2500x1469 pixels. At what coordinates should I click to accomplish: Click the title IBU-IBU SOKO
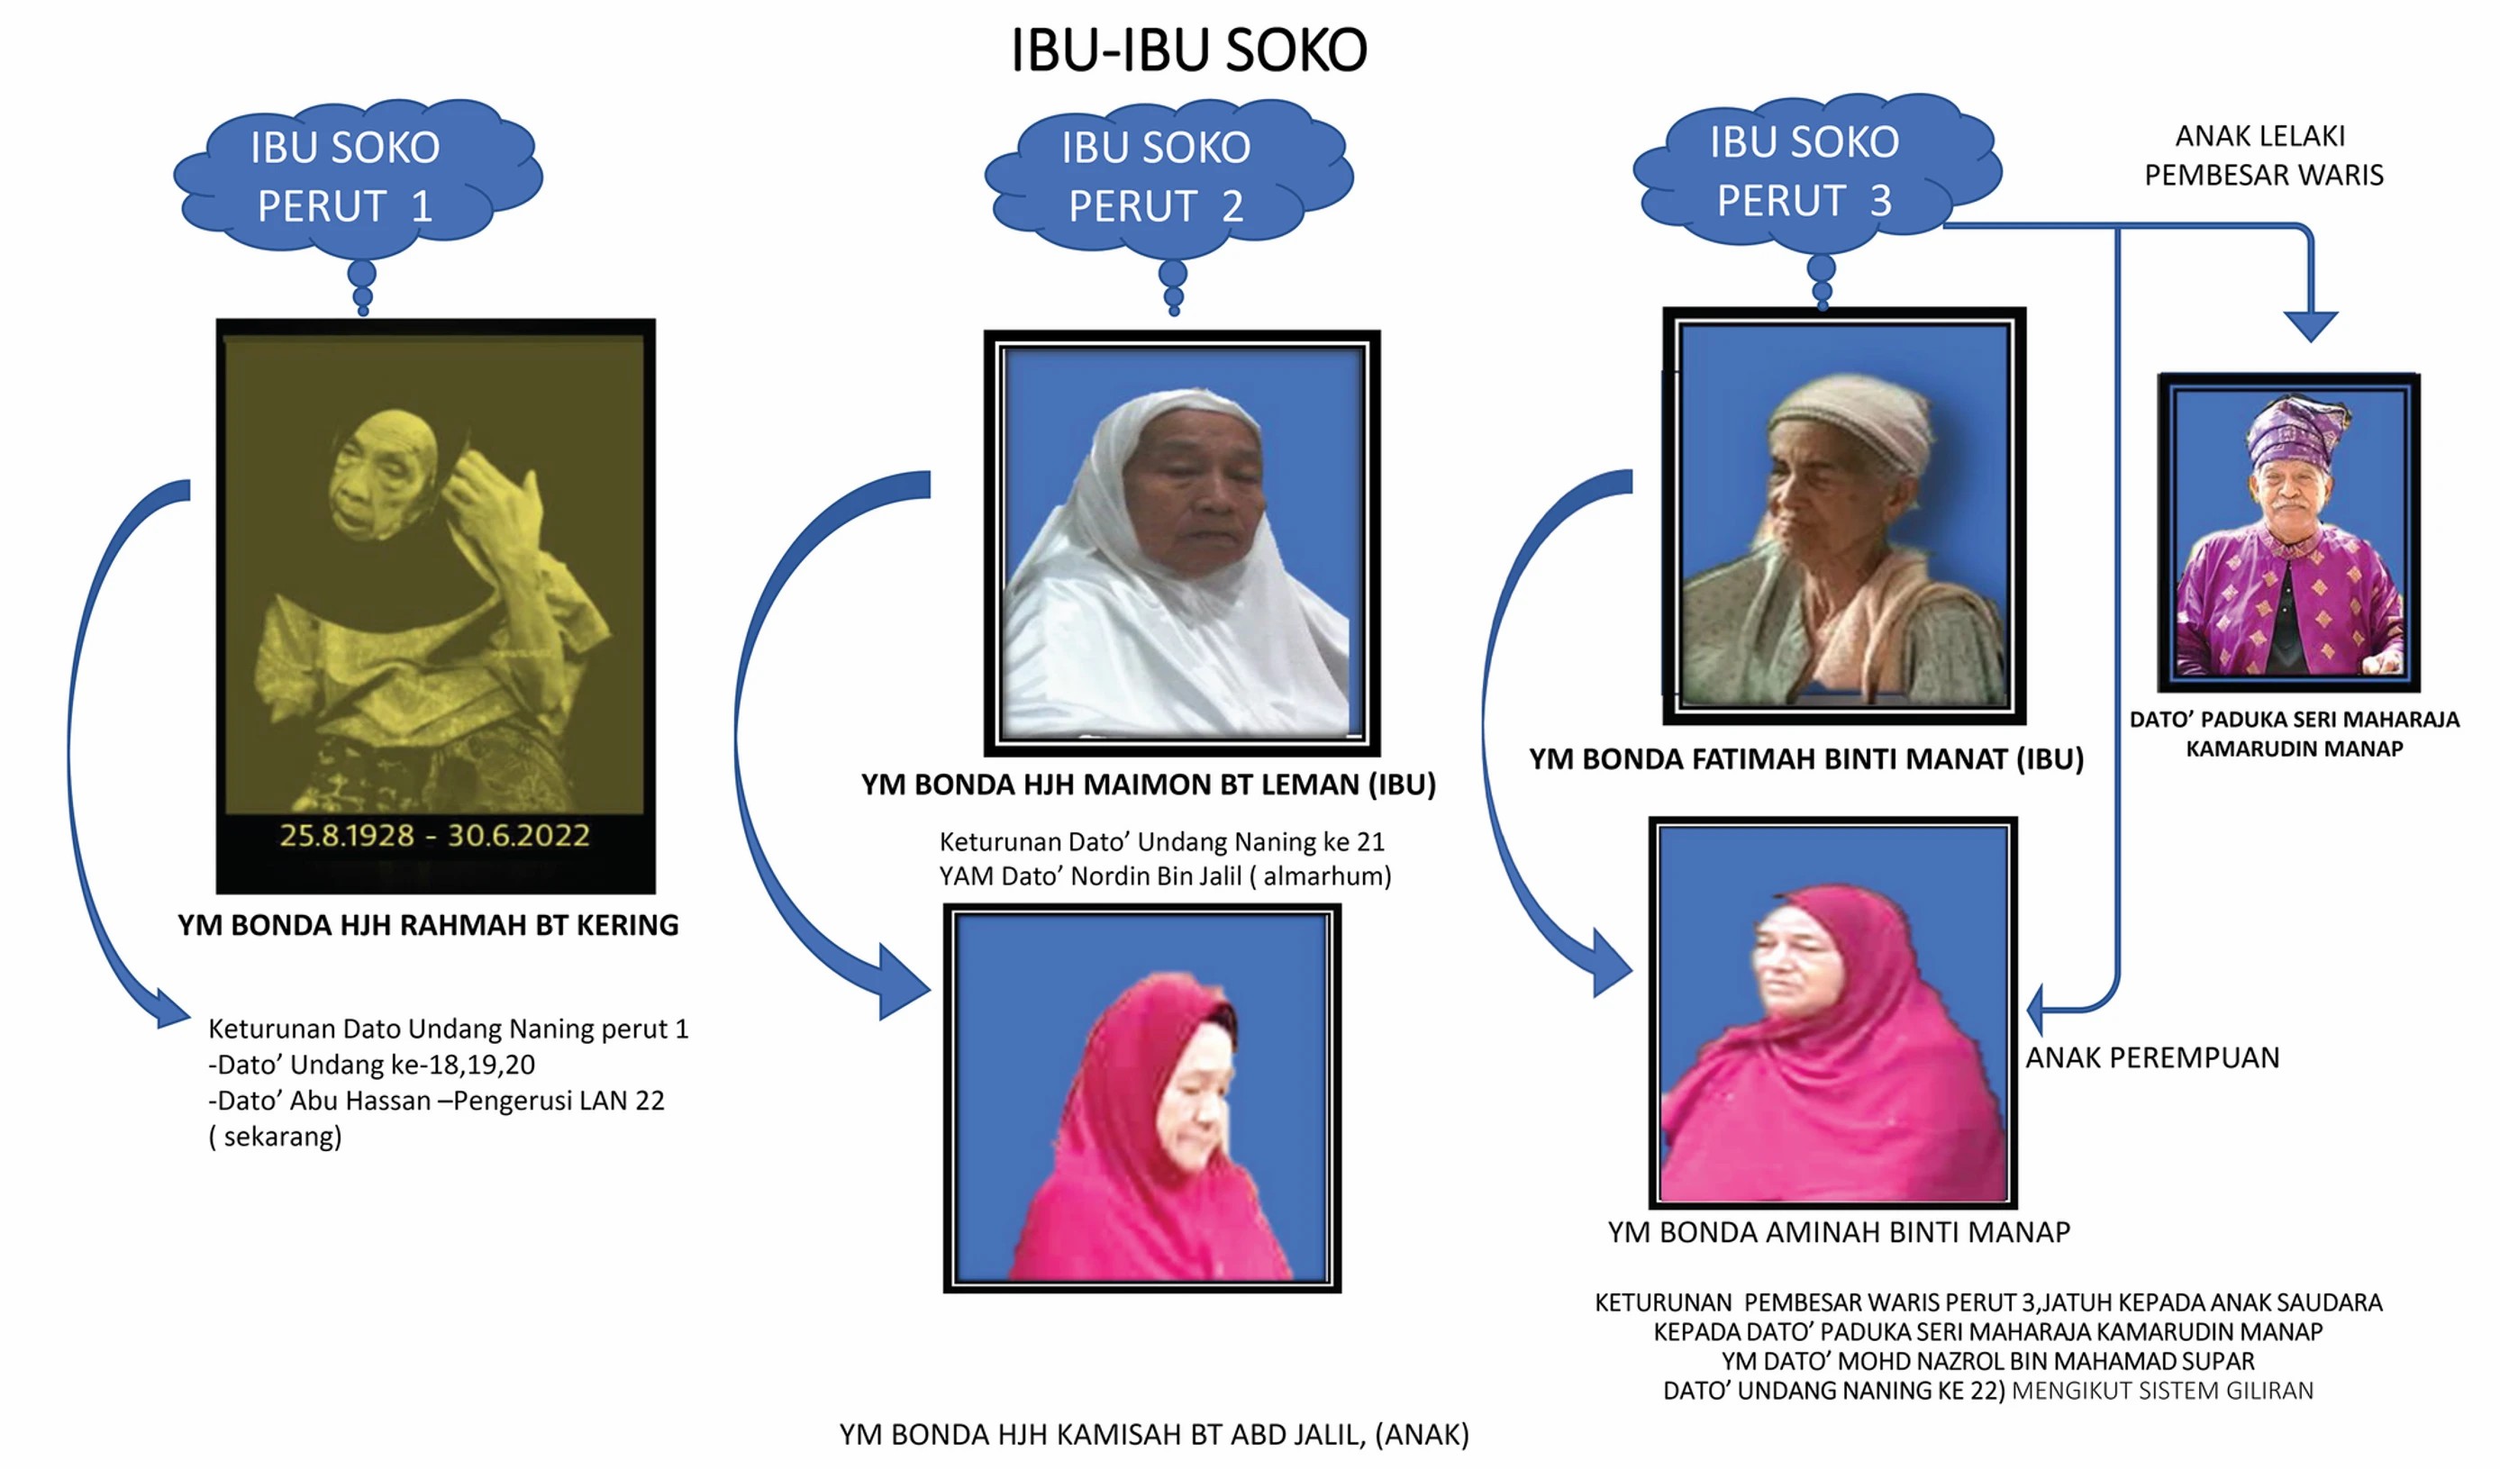1188,50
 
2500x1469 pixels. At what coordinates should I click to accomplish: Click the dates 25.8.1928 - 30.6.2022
434,835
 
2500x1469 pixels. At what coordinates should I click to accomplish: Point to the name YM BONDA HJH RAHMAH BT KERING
429,924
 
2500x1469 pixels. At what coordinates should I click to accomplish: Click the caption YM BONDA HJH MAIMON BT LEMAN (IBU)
1149,784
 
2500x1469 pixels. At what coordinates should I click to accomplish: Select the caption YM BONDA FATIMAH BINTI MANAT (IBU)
1806,758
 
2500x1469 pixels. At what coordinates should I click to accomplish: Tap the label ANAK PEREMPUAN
2153,1057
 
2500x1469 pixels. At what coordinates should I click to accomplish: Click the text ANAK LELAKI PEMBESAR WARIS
2264,155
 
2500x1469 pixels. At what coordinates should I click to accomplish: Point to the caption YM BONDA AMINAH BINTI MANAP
1840,1232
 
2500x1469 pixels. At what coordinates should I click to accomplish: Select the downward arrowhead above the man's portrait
2311,326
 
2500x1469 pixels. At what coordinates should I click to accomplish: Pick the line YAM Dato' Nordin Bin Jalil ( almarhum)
1165,875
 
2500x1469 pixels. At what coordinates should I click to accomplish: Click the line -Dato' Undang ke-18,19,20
371,1065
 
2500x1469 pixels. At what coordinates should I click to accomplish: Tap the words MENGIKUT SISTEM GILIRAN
2163,1391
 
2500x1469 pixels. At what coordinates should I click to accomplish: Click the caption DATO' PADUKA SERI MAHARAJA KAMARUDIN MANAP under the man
2294,734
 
